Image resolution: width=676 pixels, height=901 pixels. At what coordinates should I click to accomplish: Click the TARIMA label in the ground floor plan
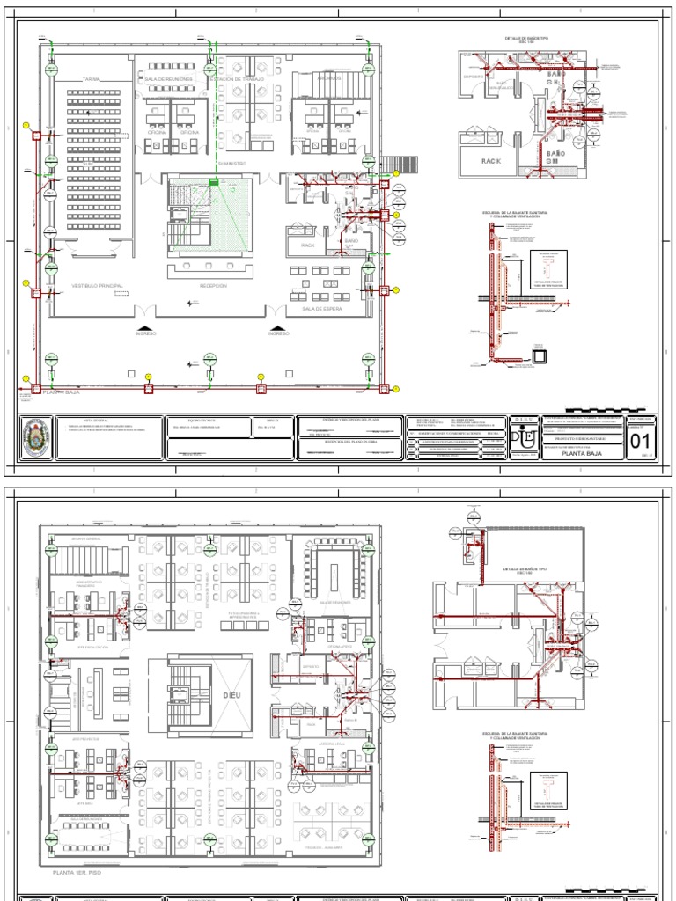(x=92, y=79)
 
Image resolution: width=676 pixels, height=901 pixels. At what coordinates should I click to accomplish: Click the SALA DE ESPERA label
(x=321, y=310)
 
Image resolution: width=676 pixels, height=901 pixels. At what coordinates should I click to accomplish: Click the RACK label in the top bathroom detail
(x=490, y=161)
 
